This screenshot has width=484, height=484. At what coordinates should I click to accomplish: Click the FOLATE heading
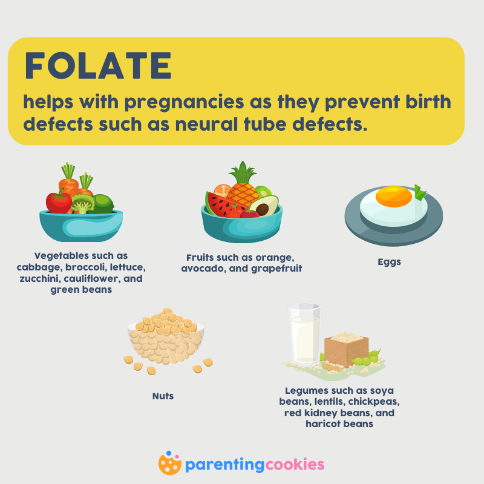tap(98, 65)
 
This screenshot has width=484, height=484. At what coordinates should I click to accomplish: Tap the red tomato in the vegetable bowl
tap(59, 202)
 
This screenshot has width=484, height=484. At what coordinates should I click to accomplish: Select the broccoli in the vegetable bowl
tap(82, 204)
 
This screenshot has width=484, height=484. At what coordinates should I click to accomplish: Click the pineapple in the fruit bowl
tap(243, 185)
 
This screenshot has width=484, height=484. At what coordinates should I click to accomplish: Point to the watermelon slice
tap(223, 205)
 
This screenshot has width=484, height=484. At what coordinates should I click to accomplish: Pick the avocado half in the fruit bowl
tap(264, 206)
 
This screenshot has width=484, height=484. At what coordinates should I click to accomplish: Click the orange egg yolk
tap(394, 196)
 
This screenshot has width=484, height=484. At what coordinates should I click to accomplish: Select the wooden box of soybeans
tap(346, 349)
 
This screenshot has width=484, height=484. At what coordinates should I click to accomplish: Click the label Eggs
tap(389, 262)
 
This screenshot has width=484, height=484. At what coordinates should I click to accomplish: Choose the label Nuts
tap(163, 396)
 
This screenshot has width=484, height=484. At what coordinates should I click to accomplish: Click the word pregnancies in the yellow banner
tap(185, 102)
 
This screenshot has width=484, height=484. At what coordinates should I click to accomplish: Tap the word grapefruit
tap(276, 269)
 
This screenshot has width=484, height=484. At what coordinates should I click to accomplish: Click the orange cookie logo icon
tap(169, 463)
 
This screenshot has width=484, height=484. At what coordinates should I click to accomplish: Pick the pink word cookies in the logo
tap(295, 464)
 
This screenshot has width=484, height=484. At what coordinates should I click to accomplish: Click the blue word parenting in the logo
tap(224, 465)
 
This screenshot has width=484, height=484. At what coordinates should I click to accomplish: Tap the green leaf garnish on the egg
tap(419, 192)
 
